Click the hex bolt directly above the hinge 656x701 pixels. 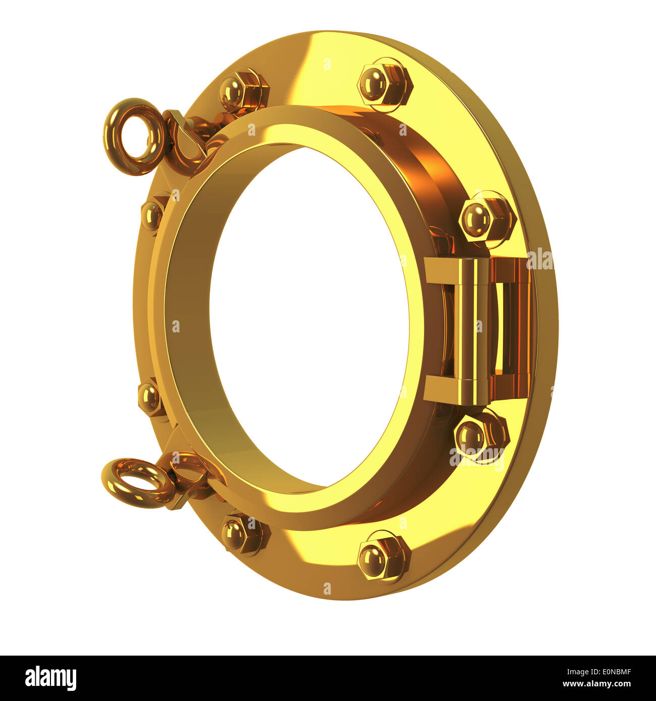[x=487, y=219]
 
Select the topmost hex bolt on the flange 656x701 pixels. [x=386, y=84]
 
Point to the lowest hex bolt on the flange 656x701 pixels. [x=384, y=556]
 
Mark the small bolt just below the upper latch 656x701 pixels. [x=152, y=215]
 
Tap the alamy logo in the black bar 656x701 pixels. [x=50, y=678]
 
